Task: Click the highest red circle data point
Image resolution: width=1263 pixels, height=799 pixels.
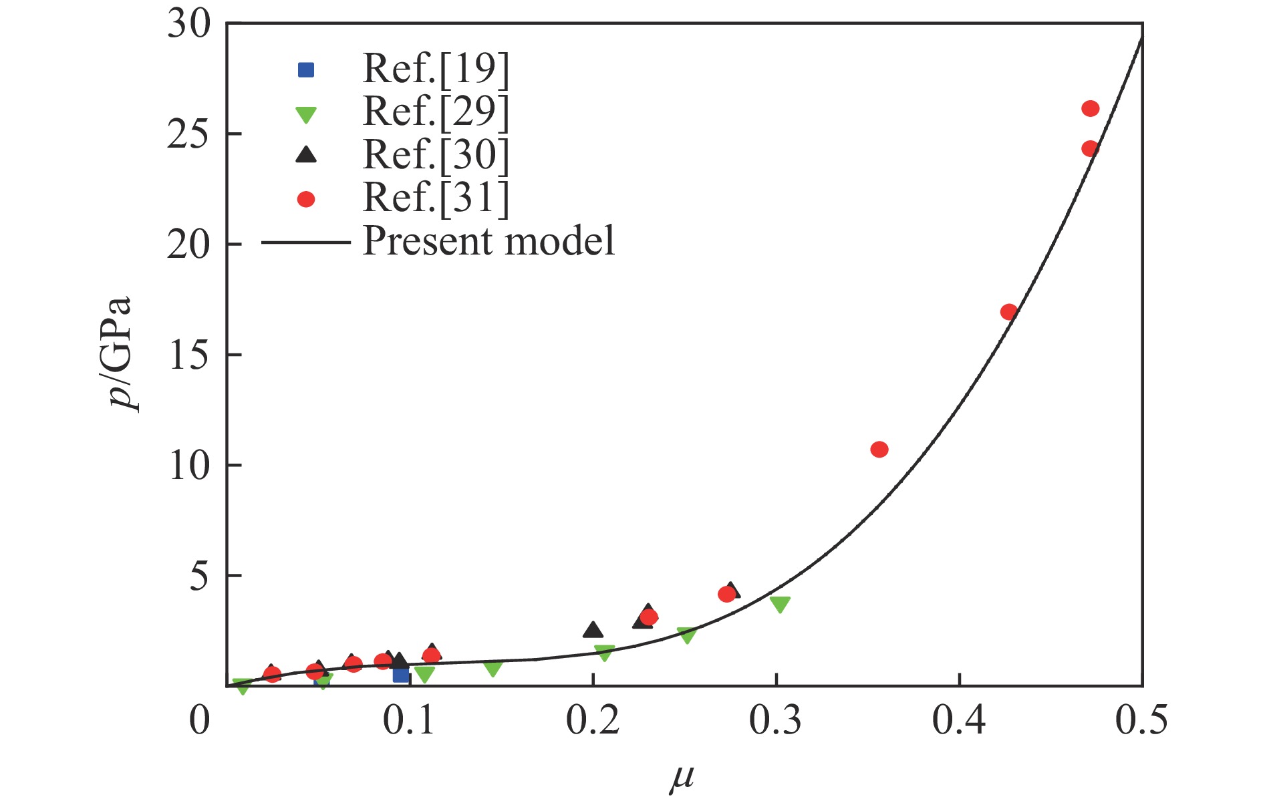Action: tap(1090, 109)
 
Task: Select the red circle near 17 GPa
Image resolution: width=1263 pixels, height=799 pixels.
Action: tap(1008, 312)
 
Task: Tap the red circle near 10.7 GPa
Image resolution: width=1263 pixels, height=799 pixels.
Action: tap(879, 450)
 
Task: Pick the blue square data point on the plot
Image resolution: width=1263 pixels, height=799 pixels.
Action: tap(401, 675)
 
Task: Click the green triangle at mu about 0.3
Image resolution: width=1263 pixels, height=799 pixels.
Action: tap(780, 604)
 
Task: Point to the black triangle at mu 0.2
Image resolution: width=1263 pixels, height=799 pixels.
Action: tap(593, 629)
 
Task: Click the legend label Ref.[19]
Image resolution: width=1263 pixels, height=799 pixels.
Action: tap(435, 68)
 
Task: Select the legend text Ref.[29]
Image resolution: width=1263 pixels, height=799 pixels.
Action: tap(435, 112)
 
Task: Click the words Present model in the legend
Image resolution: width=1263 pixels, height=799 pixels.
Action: tap(488, 241)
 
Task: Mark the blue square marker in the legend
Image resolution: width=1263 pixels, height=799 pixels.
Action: tap(306, 69)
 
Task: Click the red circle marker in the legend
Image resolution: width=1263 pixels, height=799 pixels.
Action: tap(306, 199)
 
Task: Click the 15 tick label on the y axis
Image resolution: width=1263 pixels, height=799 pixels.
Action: tap(188, 355)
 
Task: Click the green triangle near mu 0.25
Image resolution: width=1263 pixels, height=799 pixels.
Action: tap(686, 635)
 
